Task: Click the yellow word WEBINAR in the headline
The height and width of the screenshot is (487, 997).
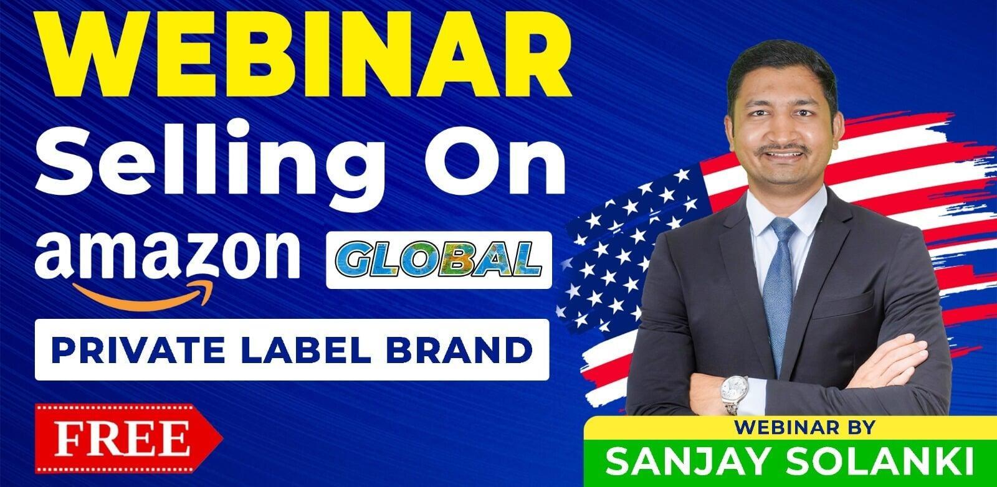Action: pyautogui.click(x=304, y=54)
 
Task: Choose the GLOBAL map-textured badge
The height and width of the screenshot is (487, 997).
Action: pyautogui.click(x=439, y=260)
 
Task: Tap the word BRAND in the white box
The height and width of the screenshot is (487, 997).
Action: pyautogui.click(x=459, y=350)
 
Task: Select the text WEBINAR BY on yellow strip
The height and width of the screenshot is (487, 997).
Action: pyautogui.click(x=804, y=427)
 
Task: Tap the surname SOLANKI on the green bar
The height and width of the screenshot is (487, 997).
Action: pyautogui.click(x=879, y=461)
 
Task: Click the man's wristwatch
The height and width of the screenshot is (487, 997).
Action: pyautogui.click(x=733, y=393)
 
